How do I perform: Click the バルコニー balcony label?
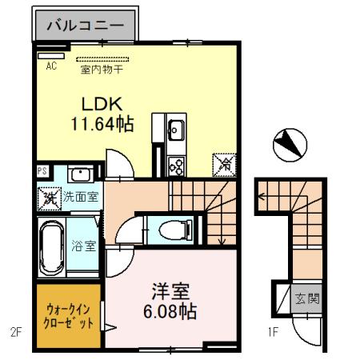[85, 26]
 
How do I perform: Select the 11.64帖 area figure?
[99, 125]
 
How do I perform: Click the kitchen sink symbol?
[175, 129]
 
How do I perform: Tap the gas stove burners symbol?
[175, 166]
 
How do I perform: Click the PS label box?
[42, 171]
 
